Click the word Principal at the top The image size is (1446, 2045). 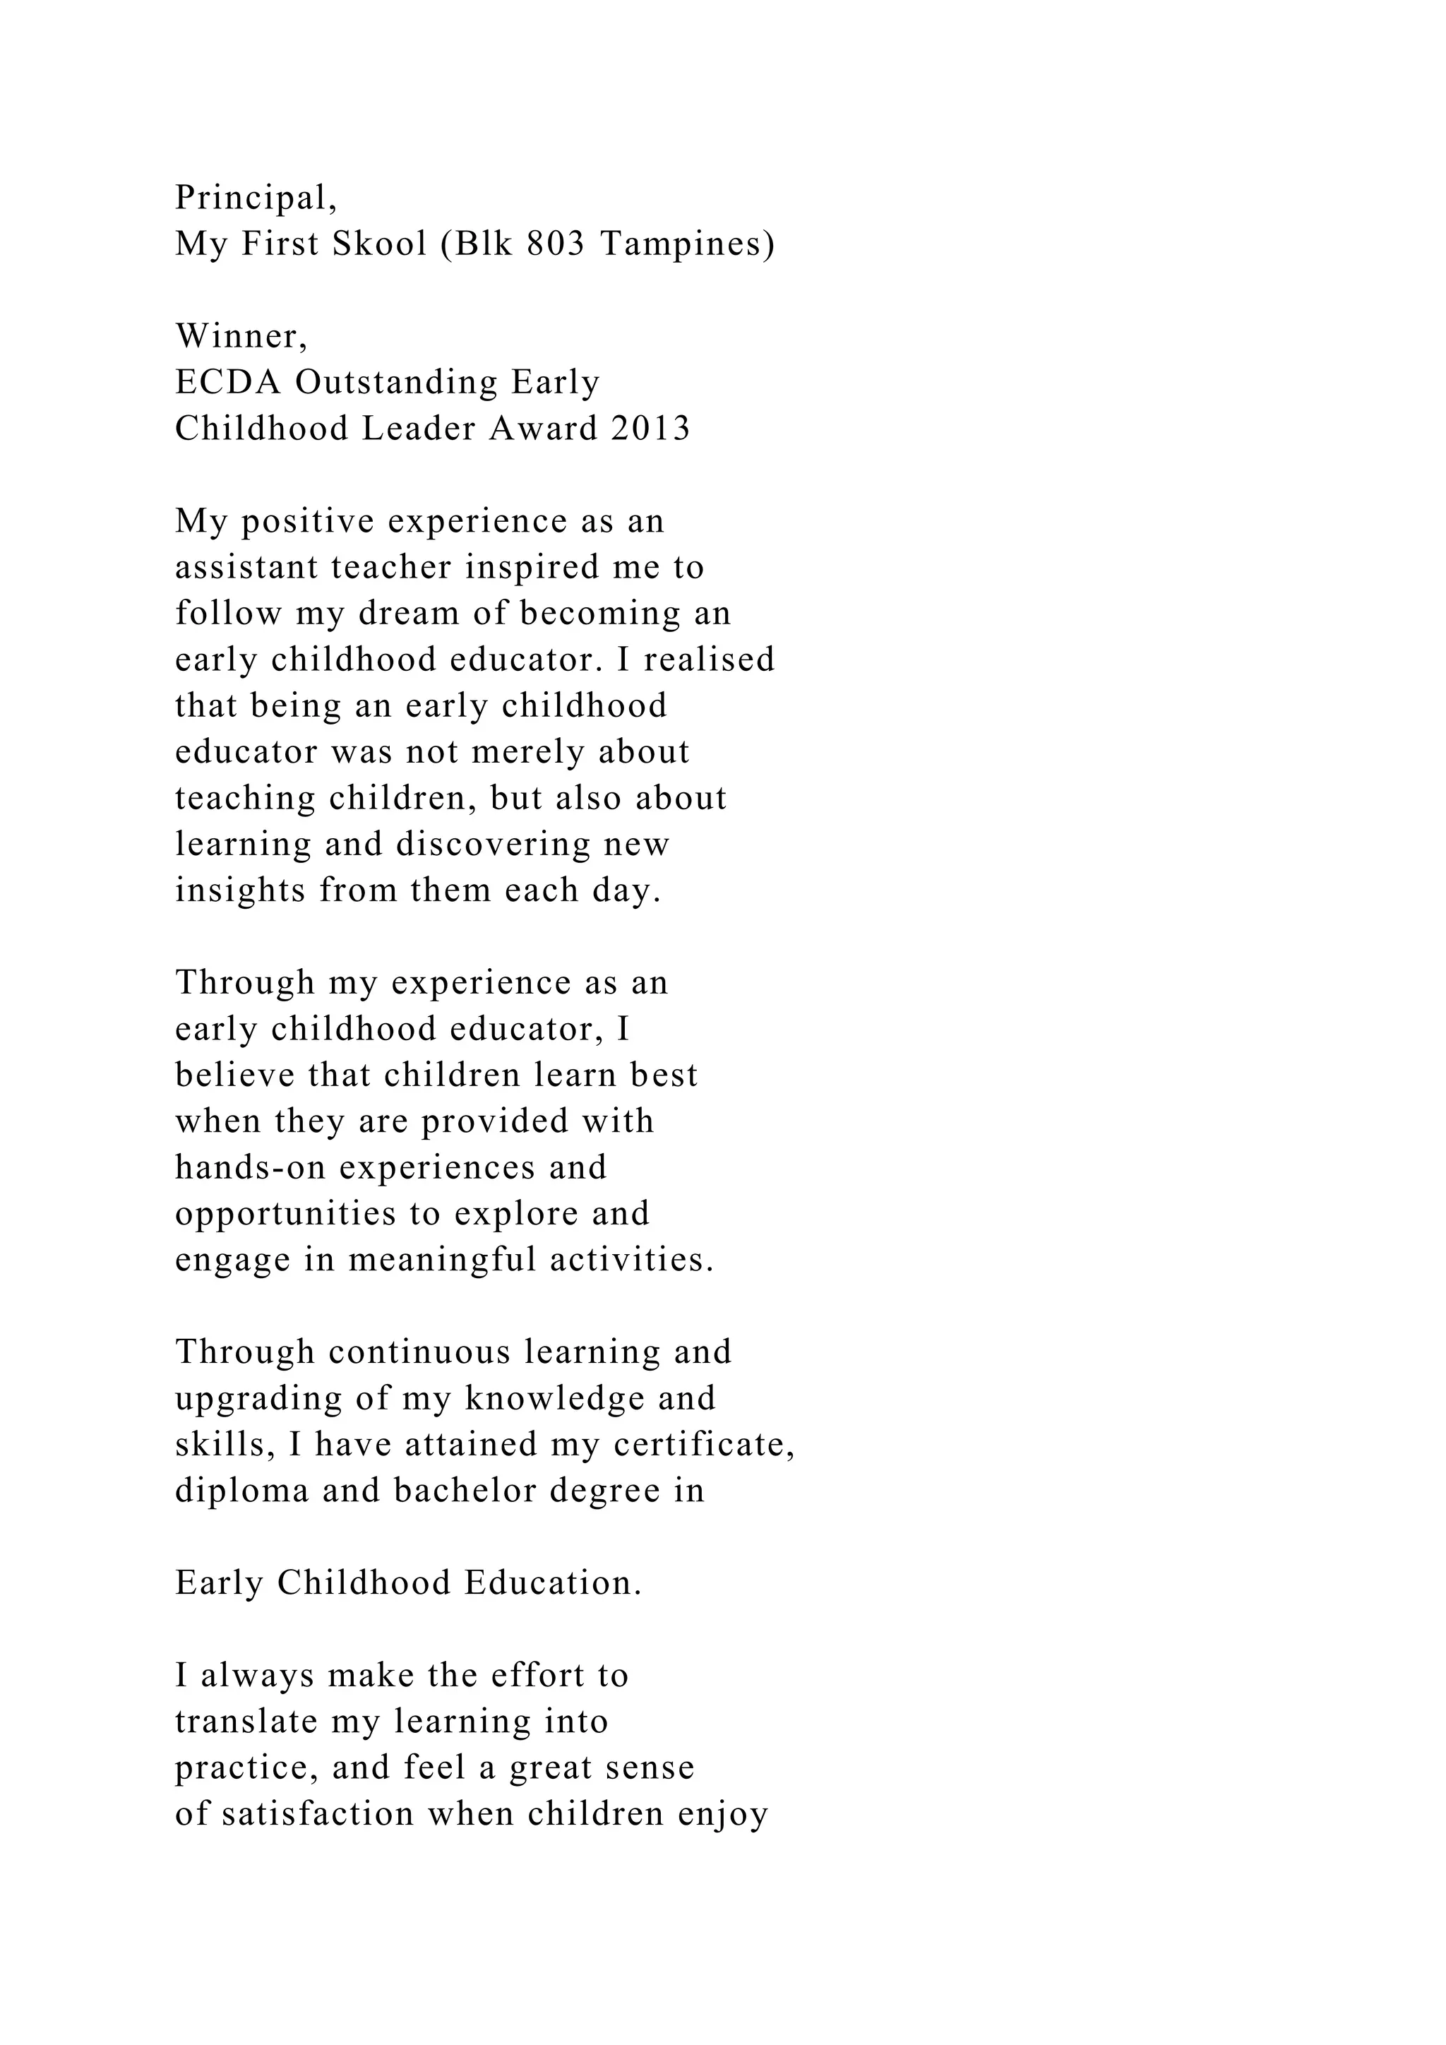[251, 198]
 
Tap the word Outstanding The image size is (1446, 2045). [396, 382]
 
